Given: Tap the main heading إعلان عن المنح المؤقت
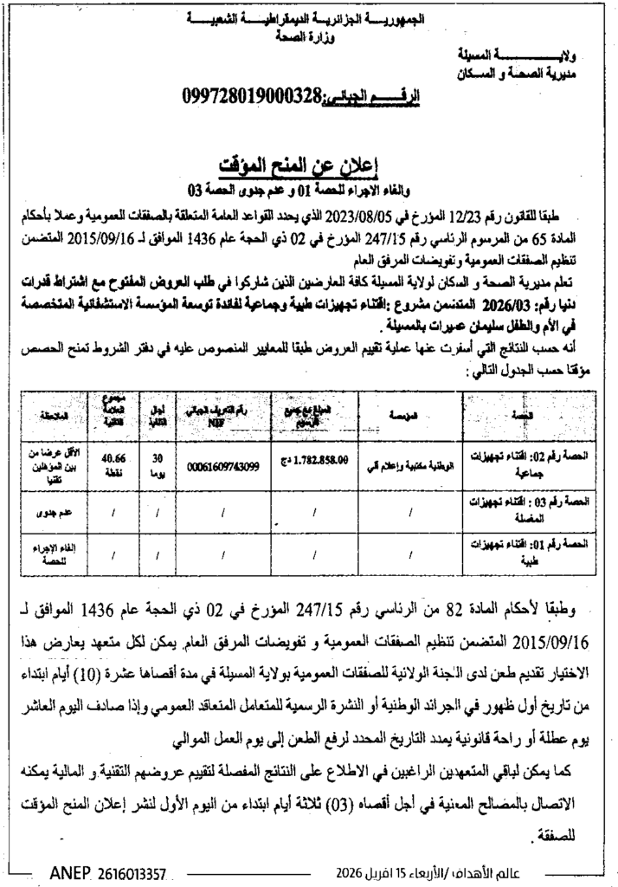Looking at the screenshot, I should [x=309, y=166].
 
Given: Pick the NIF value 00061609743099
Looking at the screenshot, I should [x=223, y=465].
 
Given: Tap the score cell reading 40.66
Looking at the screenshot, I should [x=114, y=459].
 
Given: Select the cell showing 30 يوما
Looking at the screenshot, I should [x=158, y=464].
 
